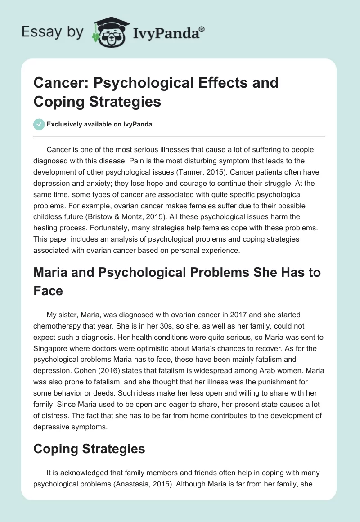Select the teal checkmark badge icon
(x=38, y=124)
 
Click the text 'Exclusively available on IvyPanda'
(x=99, y=124)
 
